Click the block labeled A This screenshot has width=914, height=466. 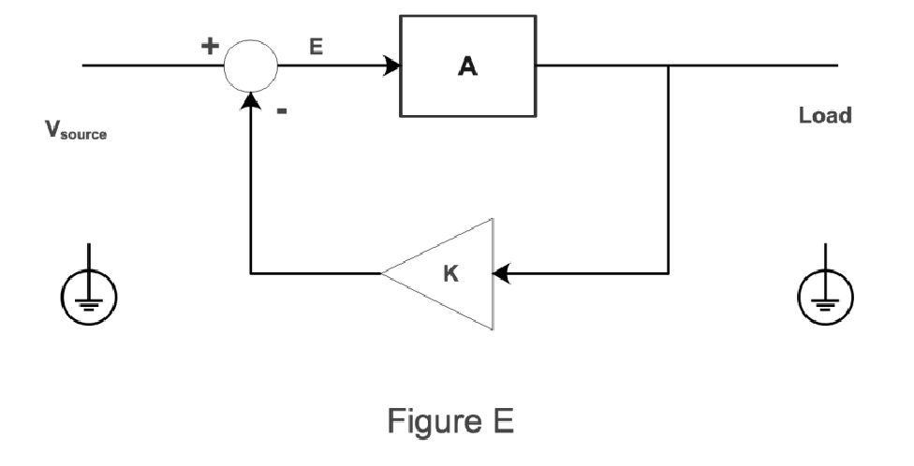point(468,66)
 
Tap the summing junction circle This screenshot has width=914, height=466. point(250,66)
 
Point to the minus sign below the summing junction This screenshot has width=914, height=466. point(282,110)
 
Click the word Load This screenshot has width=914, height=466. point(825,116)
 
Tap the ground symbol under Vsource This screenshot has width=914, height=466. point(89,298)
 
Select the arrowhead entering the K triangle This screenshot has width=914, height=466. point(501,274)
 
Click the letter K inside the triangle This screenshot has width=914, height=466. point(450,275)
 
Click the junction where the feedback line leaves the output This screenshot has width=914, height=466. point(669,66)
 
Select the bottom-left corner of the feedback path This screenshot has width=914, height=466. point(250,274)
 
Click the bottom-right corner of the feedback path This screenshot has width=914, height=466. point(669,274)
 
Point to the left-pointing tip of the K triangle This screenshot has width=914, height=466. point(383,274)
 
